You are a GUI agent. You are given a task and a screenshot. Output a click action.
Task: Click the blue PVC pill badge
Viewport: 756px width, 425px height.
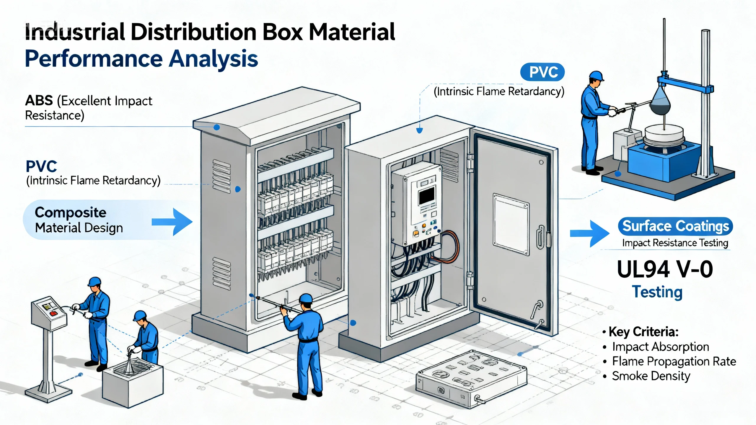click(542, 72)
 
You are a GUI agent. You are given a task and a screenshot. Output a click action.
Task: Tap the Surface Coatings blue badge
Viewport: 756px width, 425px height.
click(675, 226)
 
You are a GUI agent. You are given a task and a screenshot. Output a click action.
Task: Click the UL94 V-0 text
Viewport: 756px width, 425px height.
click(665, 269)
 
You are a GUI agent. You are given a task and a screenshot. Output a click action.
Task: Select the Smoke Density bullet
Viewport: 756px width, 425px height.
click(651, 376)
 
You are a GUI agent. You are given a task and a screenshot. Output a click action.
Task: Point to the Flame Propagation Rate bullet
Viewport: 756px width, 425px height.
click(674, 361)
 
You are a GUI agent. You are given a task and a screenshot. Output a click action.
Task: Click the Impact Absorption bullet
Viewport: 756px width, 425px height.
click(660, 346)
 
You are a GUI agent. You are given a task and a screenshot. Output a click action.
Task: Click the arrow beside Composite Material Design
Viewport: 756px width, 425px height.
click(172, 222)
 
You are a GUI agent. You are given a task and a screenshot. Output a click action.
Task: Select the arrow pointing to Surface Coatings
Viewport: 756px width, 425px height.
click(589, 233)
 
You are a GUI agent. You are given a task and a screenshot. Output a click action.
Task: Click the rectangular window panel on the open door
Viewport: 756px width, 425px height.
click(511, 224)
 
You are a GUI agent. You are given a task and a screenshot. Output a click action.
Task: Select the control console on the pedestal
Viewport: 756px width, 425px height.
click(49, 313)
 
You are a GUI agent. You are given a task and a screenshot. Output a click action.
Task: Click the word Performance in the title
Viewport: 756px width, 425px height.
click(94, 59)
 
